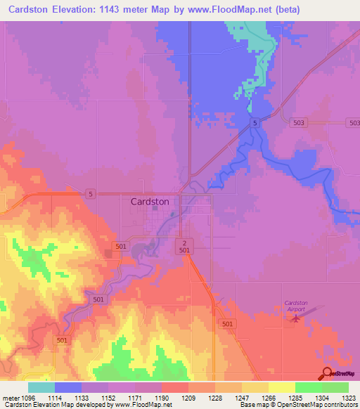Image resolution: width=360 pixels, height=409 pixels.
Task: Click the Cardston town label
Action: click(150, 201)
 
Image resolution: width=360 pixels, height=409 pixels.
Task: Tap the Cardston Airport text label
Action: click(296, 306)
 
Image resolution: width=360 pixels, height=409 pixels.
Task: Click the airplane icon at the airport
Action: click(295, 319)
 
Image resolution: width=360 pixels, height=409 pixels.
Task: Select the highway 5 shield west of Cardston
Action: click(90, 193)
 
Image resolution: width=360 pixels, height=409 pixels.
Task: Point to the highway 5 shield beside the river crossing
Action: click(256, 123)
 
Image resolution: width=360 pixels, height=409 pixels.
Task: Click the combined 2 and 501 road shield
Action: click(184, 245)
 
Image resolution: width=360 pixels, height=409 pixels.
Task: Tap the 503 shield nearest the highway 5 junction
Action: click(299, 123)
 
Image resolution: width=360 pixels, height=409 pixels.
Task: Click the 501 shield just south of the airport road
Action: click(226, 324)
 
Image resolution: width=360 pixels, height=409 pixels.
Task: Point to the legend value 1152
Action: click(108, 398)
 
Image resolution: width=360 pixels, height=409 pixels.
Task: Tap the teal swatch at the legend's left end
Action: click(41, 387)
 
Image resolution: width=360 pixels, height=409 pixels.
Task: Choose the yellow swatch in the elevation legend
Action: click(282, 387)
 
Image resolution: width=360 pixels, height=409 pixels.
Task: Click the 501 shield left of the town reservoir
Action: click(121, 246)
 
